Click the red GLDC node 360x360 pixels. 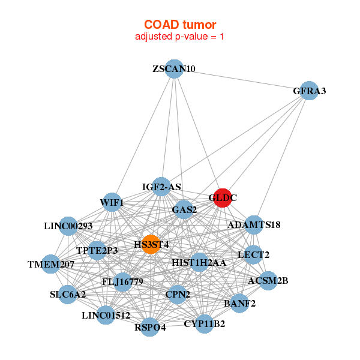coord(223,197)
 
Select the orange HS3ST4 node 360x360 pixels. coord(151,244)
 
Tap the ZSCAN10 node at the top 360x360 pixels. coord(173,69)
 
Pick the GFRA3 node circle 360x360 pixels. coord(309,91)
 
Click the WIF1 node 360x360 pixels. coord(112,202)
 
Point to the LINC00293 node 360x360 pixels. coord(68,226)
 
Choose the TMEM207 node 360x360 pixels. coord(51,264)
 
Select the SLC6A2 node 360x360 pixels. coord(68,294)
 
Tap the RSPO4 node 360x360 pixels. coord(150,327)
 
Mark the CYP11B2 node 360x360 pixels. coord(205,324)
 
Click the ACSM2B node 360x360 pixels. coord(268,280)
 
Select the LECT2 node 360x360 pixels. coord(254,254)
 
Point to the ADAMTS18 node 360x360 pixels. coord(254,226)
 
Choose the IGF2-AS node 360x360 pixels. coord(161,187)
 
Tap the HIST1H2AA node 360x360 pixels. coord(199,262)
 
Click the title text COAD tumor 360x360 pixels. coord(180,25)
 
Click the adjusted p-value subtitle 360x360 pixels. coord(180,37)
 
